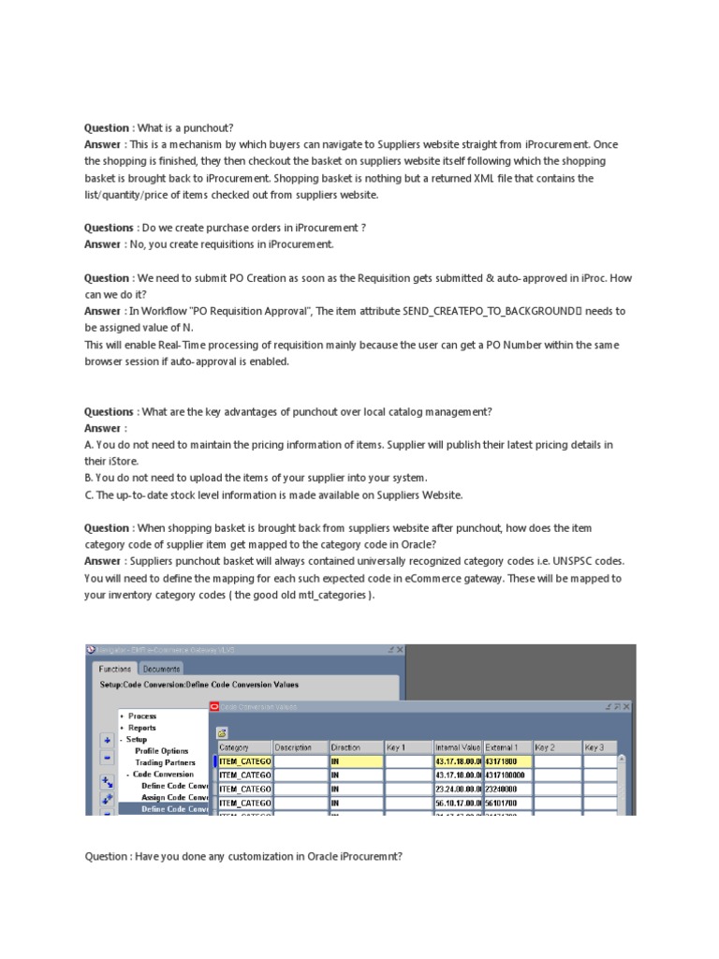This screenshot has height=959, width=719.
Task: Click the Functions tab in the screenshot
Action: (116, 669)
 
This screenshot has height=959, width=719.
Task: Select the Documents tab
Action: (161, 669)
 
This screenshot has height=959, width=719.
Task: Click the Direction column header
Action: (345, 747)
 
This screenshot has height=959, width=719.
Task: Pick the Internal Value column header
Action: (458, 747)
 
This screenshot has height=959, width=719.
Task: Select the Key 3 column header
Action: (594, 747)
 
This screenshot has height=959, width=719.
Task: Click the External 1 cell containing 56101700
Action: (506, 803)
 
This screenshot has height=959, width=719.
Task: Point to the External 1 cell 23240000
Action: (506, 789)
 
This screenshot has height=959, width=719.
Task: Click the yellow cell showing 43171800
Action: (506, 762)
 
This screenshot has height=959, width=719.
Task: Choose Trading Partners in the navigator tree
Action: (165, 762)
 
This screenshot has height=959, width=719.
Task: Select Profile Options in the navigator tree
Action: (161, 751)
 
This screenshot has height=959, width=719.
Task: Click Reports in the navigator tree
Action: (142, 728)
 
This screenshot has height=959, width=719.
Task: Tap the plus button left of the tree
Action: (107, 740)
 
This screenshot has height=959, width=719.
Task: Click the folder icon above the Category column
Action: (223, 733)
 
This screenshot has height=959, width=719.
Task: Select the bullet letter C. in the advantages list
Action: (89, 494)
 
